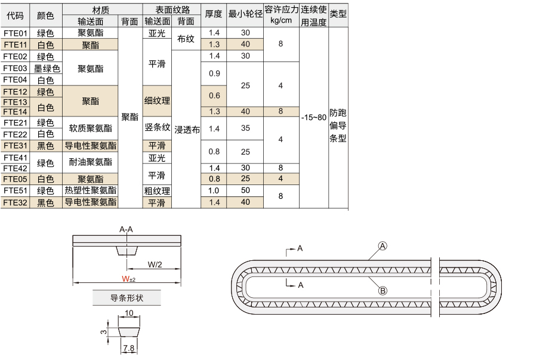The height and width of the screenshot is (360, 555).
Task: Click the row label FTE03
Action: point(16,68)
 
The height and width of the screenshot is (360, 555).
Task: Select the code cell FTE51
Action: point(16,190)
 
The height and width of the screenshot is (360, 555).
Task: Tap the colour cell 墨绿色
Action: point(47,68)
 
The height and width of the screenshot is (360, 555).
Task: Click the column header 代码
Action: point(16,16)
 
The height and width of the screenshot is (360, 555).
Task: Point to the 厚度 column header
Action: point(214,14)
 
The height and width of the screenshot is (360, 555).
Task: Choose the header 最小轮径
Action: point(245,14)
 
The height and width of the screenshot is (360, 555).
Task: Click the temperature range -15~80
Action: point(313,117)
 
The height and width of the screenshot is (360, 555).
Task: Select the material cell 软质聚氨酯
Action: point(91,128)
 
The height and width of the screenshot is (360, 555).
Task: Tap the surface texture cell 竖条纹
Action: point(158,127)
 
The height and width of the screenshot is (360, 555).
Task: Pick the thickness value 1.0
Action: point(214,190)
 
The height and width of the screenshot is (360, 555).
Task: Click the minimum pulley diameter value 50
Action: point(245,190)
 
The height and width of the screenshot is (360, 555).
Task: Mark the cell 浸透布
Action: point(187,130)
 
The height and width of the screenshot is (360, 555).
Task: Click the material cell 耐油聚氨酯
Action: point(91,162)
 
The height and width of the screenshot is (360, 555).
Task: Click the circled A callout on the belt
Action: point(383,246)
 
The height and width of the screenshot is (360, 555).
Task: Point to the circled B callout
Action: point(383,291)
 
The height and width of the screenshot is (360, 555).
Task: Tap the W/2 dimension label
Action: point(155,264)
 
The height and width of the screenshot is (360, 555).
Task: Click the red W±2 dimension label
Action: point(128,279)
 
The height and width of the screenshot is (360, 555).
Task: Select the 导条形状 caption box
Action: point(127,298)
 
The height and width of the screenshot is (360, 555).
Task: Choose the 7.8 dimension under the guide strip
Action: point(129,348)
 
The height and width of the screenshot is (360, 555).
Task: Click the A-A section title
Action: point(126,229)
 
